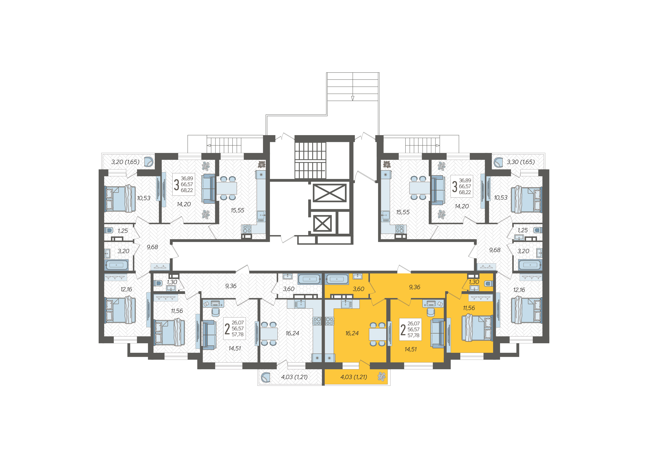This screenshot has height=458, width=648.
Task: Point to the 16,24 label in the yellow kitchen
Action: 352,333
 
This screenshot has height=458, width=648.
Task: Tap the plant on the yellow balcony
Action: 382,376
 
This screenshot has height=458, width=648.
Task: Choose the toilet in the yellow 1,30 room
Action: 489,284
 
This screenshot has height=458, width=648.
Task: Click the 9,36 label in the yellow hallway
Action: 415,287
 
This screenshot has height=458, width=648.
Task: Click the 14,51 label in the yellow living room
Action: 410,349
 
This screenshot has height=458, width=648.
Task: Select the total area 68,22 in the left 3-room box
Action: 187,190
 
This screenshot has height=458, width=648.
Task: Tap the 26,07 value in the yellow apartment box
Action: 413,323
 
